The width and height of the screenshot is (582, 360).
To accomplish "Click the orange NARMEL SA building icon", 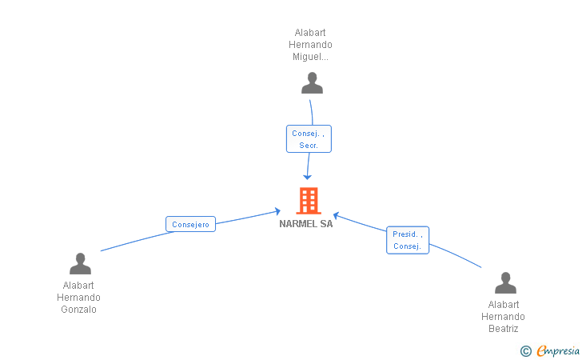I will tap(308, 201).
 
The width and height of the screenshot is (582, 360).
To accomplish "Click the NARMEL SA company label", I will tap(306, 224).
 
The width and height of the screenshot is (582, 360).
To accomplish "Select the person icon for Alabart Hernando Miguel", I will tap(312, 82).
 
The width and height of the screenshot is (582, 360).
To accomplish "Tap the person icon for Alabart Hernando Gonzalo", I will tap(80, 263).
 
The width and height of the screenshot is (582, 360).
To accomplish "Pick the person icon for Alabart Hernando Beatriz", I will tap(505, 282).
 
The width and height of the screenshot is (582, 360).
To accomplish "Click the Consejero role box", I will tap(190, 225).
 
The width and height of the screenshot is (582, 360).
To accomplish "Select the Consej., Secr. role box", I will tap(309, 139).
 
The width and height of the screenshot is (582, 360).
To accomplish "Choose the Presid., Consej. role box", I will tap(408, 240).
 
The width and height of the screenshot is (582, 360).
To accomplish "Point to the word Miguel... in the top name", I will tap(309, 57).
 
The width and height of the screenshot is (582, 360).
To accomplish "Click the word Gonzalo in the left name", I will tap(78, 310).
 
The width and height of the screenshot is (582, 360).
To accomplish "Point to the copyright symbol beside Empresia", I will tap(525, 350).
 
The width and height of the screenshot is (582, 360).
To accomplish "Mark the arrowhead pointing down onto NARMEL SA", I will tap(307, 175).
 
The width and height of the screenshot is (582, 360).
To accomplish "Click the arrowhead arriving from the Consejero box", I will tap(277, 211).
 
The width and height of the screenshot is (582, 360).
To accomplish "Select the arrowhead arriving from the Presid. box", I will tap(337, 214).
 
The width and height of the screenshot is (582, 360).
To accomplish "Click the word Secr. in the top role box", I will tap(309, 146).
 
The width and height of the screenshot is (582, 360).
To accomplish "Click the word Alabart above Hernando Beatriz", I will tap(504, 305).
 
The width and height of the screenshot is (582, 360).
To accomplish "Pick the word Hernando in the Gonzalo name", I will tap(78, 298).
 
